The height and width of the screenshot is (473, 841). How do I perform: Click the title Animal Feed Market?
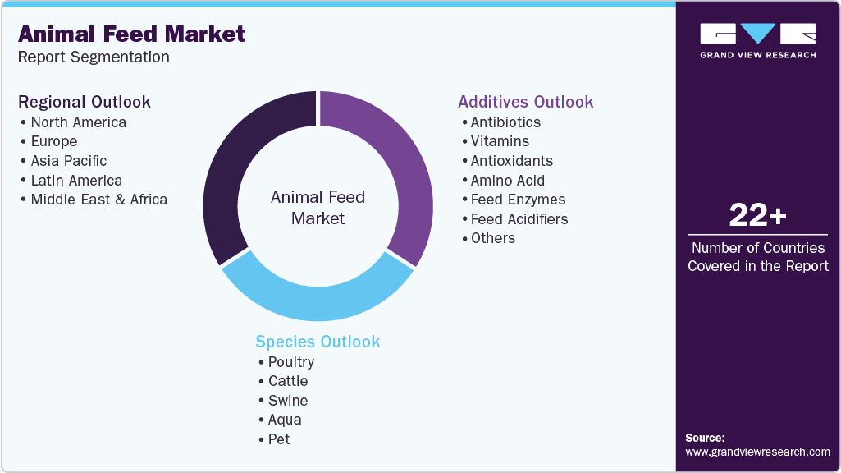(x=131, y=34)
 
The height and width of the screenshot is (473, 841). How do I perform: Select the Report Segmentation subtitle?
(x=94, y=57)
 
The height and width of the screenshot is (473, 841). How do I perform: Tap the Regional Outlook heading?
(x=85, y=102)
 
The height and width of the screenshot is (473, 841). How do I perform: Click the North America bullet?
(x=78, y=122)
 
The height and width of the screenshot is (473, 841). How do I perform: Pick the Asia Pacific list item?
(x=68, y=161)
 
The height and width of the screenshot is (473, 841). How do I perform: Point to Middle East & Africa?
(x=98, y=200)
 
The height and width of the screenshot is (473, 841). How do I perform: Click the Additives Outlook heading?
(x=525, y=102)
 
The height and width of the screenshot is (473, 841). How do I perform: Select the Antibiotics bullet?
(x=505, y=122)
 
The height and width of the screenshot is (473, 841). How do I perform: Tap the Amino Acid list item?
(x=507, y=181)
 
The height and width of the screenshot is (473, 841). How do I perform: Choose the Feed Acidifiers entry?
(x=519, y=219)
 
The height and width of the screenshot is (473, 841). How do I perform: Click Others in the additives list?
(x=492, y=238)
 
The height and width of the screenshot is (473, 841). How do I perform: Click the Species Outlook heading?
(x=318, y=342)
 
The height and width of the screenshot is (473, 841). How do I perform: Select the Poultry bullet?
(x=290, y=362)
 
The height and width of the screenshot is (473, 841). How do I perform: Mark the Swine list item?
(x=288, y=401)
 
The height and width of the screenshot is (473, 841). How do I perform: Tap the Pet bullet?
(x=279, y=439)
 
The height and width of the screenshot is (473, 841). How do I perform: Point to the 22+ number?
(x=757, y=216)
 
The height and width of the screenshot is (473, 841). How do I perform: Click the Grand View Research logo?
(x=757, y=41)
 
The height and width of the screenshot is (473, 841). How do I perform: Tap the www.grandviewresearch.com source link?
(x=757, y=452)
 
